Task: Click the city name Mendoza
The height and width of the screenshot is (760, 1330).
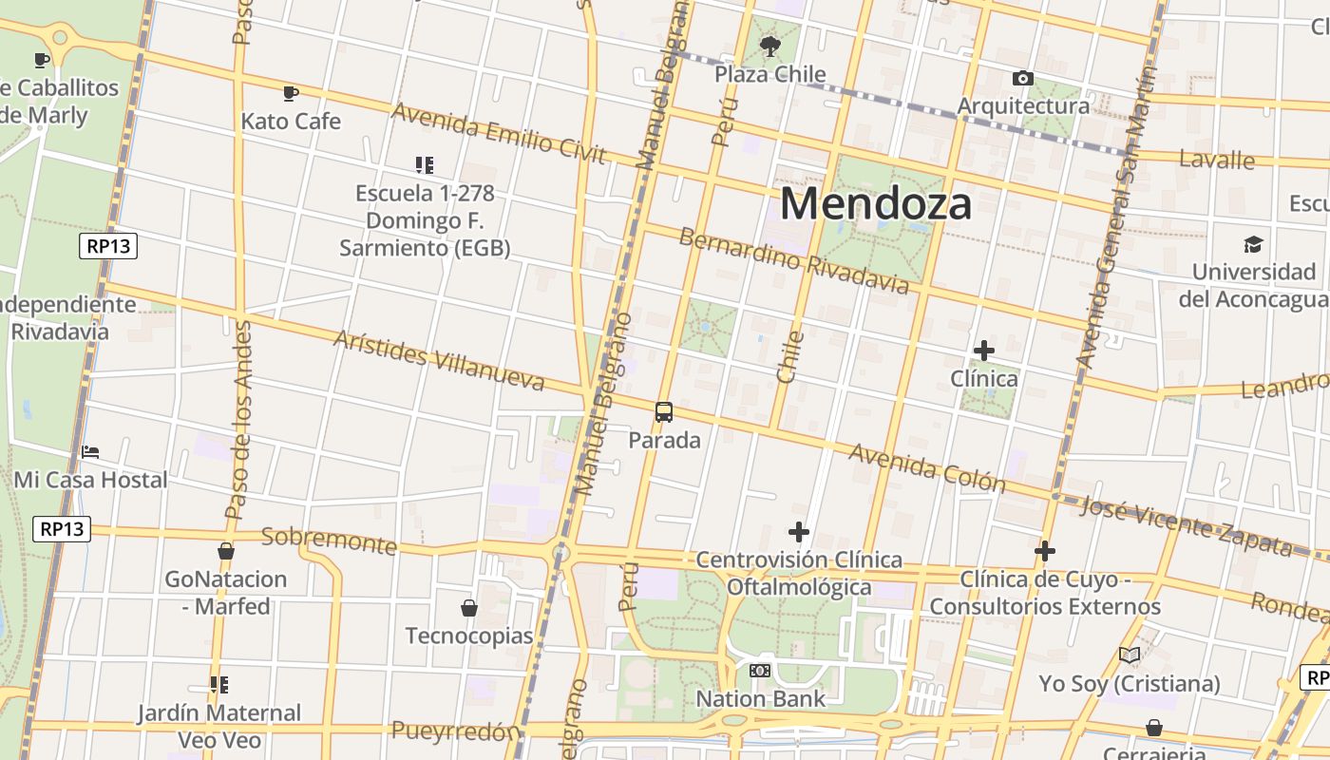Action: pos(876,203)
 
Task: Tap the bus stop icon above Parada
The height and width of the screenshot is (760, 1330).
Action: pos(664,412)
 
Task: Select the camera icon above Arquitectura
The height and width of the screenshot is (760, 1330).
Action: pos(1023,78)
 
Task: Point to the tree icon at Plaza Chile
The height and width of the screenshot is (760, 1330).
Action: pos(769,45)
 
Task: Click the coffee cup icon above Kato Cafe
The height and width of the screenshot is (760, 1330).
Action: pos(291,93)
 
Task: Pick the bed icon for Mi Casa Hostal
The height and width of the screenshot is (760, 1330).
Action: pos(90,451)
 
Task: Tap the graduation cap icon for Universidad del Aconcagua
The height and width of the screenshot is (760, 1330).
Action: pos(1254,244)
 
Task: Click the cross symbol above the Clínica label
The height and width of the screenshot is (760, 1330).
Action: pos(984,351)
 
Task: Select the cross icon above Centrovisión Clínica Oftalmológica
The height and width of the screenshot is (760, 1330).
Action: pos(799,531)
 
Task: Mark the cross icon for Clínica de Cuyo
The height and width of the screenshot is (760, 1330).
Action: pos(1045,551)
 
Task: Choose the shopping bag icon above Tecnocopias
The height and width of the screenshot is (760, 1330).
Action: pos(468,607)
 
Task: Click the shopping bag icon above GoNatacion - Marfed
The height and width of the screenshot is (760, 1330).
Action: pos(226,551)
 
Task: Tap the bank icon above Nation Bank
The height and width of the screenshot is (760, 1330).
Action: pos(760,671)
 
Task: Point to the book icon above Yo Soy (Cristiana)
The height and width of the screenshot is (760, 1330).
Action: pos(1130,655)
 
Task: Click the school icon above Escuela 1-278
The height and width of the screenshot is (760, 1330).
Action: pos(425,165)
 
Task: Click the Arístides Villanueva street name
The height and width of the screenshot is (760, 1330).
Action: pos(438,361)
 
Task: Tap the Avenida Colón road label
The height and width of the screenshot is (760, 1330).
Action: pos(926,467)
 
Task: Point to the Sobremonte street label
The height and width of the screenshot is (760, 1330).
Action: pos(329,540)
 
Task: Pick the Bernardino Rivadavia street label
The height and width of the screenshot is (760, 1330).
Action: pos(793,260)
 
